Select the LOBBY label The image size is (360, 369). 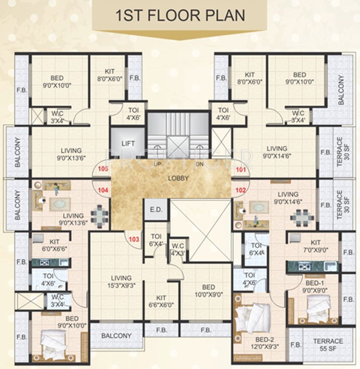179,178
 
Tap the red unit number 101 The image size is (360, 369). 240,169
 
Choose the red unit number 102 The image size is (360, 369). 240,190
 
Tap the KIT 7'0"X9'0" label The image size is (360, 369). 315,246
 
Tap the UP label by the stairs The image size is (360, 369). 157,165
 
